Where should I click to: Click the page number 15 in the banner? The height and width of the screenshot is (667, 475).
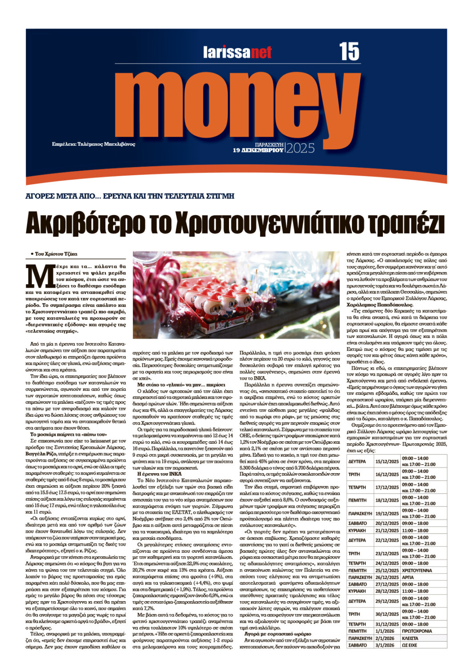coord(349,52)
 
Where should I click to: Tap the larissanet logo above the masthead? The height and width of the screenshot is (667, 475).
coord(237,52)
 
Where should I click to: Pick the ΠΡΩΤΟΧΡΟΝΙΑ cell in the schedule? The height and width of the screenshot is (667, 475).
coord(416,631)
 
